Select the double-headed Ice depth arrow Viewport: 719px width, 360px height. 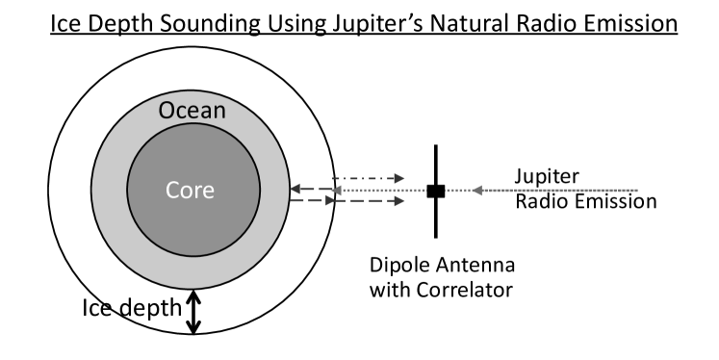click(x=194, y=312)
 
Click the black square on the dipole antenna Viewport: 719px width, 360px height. click(x=436, y=191)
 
